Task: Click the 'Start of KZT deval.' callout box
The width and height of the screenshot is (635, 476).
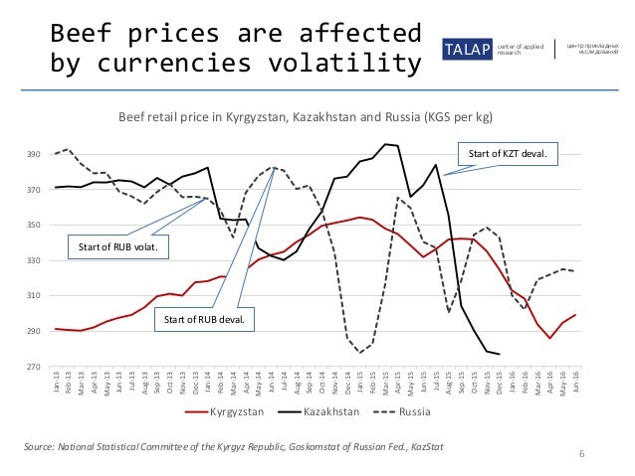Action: pyautogui.click(x=508, y=154)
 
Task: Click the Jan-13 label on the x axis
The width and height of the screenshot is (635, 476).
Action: pyautogui.click(x=57, y=384)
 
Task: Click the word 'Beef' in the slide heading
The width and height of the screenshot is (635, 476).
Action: pyautogui.click(x=75, y=33)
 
